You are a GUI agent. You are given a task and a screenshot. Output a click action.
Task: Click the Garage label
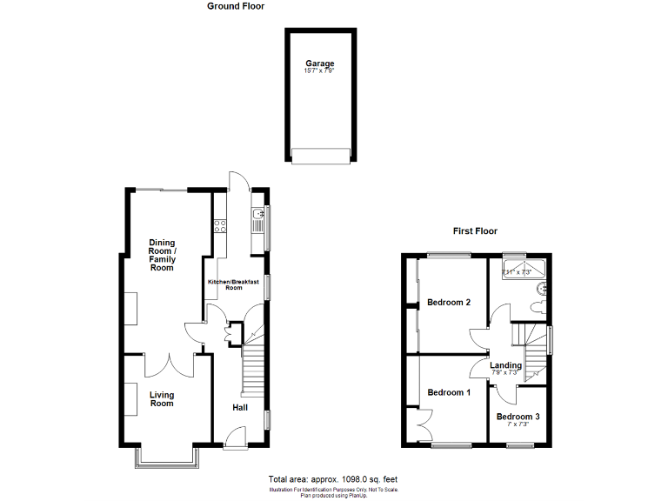click(319, 63)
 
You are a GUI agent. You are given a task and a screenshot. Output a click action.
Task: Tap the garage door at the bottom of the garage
click(319, 156)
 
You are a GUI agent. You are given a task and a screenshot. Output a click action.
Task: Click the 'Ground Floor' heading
click(236, 6)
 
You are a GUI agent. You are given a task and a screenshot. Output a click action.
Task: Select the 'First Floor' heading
click(475, 231)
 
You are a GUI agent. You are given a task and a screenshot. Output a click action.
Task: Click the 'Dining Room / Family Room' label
click(162, 255)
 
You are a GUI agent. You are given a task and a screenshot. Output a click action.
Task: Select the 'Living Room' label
click(162, 399)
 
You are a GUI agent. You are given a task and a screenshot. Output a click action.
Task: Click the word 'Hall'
click(241, 407)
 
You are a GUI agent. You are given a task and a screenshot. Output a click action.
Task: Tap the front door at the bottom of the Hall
click(236, 440)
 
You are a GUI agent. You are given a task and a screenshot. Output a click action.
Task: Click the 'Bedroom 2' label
click(449, 303)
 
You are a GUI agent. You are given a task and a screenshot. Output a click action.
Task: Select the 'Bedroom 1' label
click(449, 392)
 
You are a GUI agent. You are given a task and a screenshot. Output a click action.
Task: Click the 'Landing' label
click(505, 365)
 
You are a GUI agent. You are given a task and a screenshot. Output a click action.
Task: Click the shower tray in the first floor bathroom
click(527, 270)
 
